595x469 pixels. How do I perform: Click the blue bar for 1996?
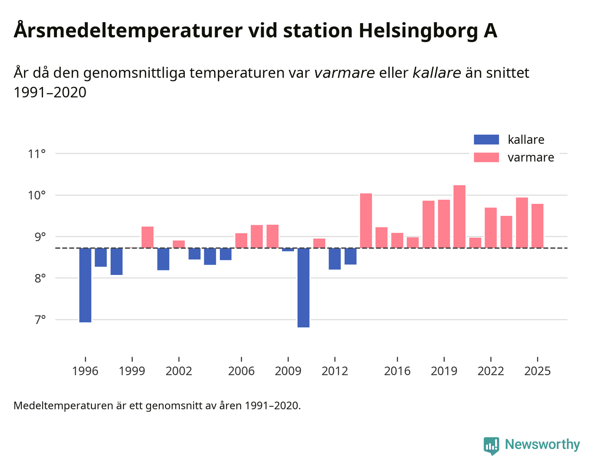coord(85,285)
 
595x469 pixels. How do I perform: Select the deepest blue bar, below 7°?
coord(303,287)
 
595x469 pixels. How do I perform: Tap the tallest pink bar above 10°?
coord(459,216)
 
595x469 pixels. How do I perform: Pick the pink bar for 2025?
coord(537,226)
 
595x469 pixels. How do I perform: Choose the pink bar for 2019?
coord(444,224)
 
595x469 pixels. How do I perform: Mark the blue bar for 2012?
coord(335,258)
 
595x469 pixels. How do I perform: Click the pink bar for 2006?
coord(241,240)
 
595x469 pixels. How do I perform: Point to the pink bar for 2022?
coord(491,228)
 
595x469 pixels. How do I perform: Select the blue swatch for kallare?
coord(486,139)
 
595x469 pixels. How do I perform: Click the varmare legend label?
coord(531,158)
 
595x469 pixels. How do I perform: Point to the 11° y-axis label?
coord(37,154)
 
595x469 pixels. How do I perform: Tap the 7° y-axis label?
coord(40,320)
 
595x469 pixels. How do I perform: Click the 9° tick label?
coord(40,237)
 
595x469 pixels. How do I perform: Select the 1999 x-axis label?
coord(132,371)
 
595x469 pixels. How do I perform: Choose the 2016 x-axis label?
coord(397,371)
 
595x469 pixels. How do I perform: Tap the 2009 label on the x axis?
coord(288,371)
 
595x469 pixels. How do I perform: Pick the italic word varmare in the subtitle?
coord(344,73)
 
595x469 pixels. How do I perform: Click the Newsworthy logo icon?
coord(491,445)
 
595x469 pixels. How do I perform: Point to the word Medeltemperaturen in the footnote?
coord(63,405)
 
